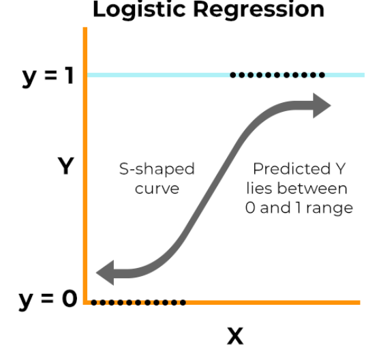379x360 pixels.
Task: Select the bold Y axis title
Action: [65, 166]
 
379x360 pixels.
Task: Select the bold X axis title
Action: [234, 335]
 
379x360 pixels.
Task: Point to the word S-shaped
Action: [157, 169]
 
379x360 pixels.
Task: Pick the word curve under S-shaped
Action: [157, 188]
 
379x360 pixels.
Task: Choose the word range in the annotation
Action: [329, 207]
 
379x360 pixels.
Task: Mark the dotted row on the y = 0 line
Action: [138, 302]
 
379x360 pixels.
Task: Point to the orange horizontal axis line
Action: [273, 302]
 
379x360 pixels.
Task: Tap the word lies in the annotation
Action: [264, 188]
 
